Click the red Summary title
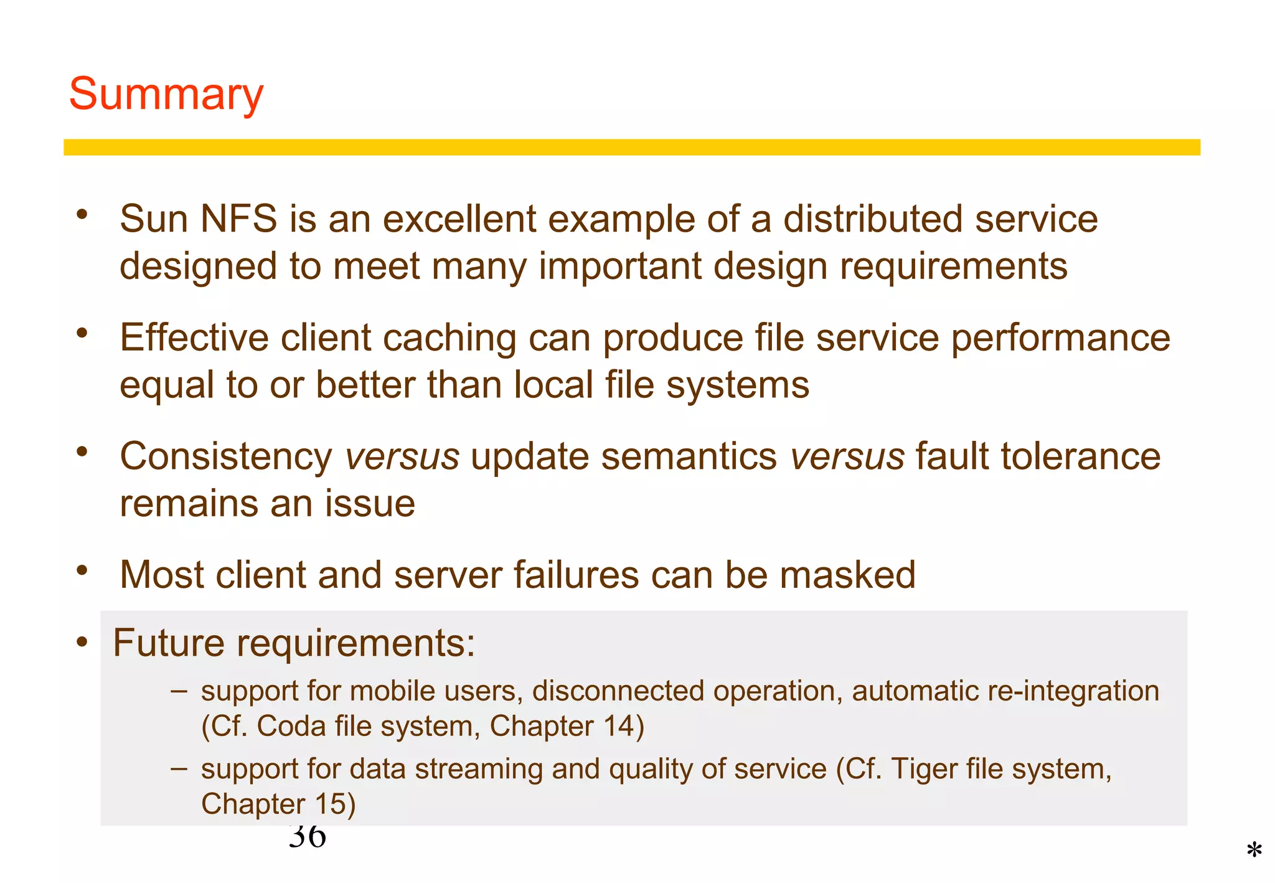coord(166,95)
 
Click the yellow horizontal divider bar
coord(631,148)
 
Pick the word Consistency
coord(227,457)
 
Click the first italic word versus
coord(402,457)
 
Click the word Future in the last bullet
coord(168,643)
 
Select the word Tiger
coord(923,770)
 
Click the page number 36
coord(307,838)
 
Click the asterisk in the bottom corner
coord(1254,851)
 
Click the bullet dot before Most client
coord(82,570)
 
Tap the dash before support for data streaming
coord(179,768)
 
